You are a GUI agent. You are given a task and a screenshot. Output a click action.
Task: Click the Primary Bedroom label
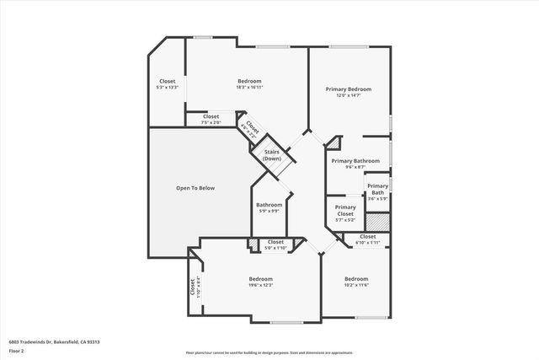[x=349, y=89]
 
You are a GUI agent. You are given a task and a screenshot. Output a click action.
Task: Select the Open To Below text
[x=195, y=187]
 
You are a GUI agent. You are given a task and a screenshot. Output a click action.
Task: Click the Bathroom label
[x=269, y=205]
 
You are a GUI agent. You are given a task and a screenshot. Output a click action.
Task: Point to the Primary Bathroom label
[x=355, y=160]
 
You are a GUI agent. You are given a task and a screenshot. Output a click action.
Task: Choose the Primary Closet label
[x=345, y=211]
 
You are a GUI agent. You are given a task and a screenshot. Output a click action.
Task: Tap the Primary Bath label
[x=377, y=190]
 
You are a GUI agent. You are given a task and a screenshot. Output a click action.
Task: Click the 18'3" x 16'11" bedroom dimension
[x=249, y=87]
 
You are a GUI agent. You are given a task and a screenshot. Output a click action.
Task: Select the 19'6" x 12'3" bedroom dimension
[x=261, y=285]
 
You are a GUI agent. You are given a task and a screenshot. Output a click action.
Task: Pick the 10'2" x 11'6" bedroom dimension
[x=356, y=285]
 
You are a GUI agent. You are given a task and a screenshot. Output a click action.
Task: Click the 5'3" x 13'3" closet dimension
[x=168, y=87]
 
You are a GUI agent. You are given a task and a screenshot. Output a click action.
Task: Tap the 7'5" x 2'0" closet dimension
[x=211, y=122]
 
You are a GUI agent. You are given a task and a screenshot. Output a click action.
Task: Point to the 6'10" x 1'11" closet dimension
[x=368, y=243]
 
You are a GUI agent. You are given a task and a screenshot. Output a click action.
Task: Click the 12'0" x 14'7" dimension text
[x=349, y=95]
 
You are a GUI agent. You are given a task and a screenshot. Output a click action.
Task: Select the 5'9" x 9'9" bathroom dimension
[x=269, y=211]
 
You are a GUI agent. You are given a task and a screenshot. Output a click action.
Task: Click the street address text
[x=54, y=341]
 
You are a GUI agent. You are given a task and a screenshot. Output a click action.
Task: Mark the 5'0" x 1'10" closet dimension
[x=275, y=248]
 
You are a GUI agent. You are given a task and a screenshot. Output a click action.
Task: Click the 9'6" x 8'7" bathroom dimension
[x=355, y=167]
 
